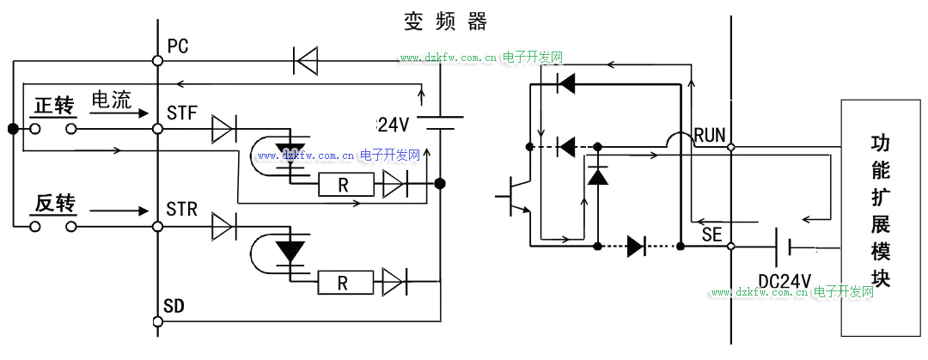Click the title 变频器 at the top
tap(446, 21)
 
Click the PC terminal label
tap(178, 46)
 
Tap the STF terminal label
tap(181, 113)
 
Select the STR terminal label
tap(181, 210)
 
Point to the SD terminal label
tap(174, 306)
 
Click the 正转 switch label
tap(54, 106)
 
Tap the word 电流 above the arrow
tap(111, 100)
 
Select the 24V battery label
tap(393, 125)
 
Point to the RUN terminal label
tap(710, 134)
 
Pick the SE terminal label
tap(711, 234)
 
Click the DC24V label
tap(785, 281)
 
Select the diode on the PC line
tap(305, 60)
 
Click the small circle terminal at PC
tap(157, 60)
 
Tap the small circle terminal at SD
tap(157, 321)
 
